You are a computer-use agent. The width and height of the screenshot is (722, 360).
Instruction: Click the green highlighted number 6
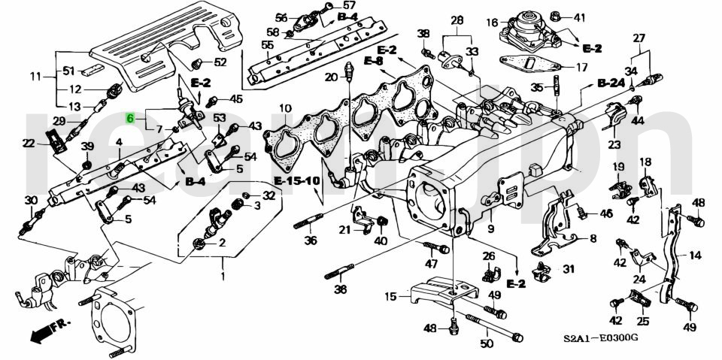tap(130, 118)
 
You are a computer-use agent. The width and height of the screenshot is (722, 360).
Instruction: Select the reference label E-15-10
tap(296, 181)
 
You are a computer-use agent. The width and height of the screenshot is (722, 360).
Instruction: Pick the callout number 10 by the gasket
tap(285, 109)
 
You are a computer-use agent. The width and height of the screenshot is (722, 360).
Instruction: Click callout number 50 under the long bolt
tap(487, 344)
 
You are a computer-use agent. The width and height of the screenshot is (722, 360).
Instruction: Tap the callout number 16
tap(492, 22)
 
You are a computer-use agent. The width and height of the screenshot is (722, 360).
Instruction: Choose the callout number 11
tap(35, 77)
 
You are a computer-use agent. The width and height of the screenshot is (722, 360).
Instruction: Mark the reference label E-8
tap(374, 60)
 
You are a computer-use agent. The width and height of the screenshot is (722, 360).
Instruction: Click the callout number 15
tap(390, 297)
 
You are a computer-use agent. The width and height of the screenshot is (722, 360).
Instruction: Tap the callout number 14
tap(694, 256)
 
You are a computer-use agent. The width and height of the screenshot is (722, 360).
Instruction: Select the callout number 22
tap(29, 143)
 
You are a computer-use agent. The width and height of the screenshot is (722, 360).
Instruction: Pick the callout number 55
tap(267, 45)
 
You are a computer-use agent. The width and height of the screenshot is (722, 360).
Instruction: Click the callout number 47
tap(431, 264)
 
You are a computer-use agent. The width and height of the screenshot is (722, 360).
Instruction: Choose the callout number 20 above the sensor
tap(331, 77)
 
